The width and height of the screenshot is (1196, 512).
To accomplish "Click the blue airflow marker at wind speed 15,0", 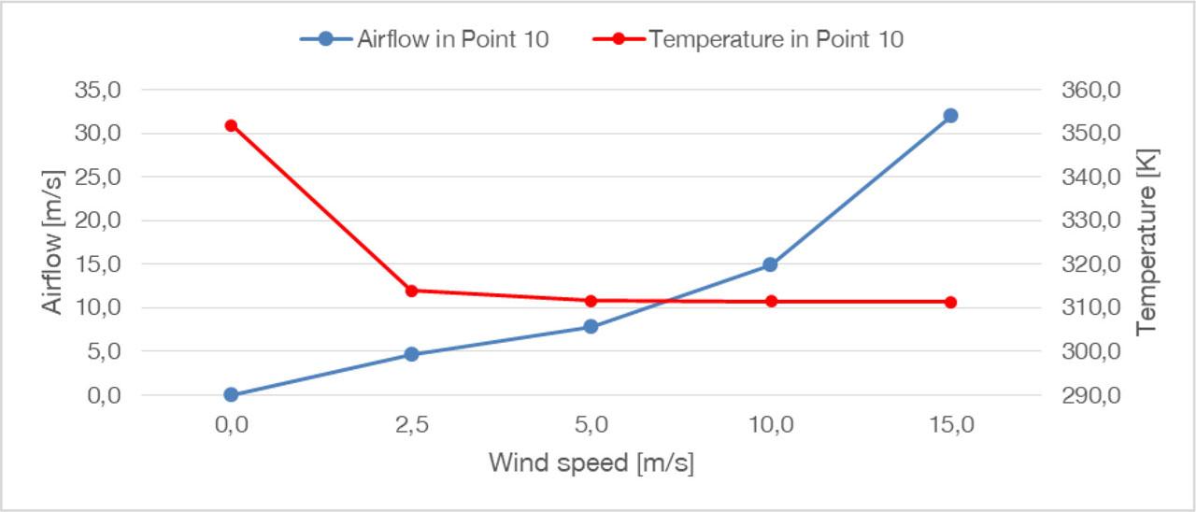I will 950,116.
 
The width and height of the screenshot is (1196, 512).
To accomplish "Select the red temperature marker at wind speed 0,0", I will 231,125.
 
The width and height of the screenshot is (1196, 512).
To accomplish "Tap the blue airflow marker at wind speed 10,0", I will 770,264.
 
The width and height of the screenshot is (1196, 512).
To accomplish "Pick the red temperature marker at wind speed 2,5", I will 411,291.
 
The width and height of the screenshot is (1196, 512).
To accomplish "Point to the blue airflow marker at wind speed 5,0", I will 591,326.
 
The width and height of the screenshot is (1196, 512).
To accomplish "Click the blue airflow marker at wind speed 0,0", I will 231,394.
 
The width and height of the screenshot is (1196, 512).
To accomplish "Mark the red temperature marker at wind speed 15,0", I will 950,302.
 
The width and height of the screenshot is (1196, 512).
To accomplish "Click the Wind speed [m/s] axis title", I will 591,462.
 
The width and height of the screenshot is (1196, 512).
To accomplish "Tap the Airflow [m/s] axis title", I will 53,242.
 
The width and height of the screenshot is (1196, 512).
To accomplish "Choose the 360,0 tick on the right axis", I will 1086,91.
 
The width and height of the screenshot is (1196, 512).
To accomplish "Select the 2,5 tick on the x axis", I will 411,425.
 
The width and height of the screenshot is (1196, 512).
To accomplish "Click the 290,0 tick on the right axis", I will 1086,395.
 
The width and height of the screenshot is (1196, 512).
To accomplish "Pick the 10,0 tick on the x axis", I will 770,425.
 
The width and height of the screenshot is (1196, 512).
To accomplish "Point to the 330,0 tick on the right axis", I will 1086,221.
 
